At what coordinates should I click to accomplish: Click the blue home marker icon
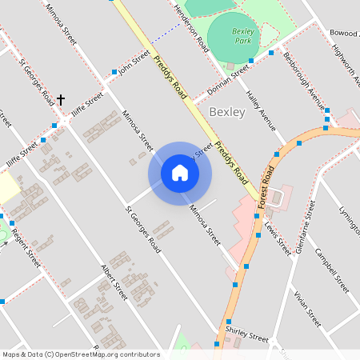tap(180, 173)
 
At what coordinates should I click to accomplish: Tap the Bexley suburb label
tap(226, 112)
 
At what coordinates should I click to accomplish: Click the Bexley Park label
tap(242, 35)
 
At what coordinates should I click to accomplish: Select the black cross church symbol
tap(60, 100)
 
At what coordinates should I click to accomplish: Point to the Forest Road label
tap(266, 189)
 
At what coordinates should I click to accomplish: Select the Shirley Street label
tap(246, 337)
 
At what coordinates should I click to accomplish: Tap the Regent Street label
tap(24, 247)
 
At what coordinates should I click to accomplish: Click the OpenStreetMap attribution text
tap(81, 354)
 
